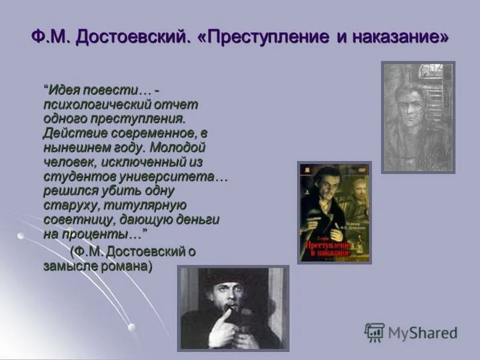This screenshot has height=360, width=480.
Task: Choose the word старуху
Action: [67, 205]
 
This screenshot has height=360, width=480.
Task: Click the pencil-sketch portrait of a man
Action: [418, 117]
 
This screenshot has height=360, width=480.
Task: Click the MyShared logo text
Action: [422, 333]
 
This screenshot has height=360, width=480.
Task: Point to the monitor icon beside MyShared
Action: [374, 332]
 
